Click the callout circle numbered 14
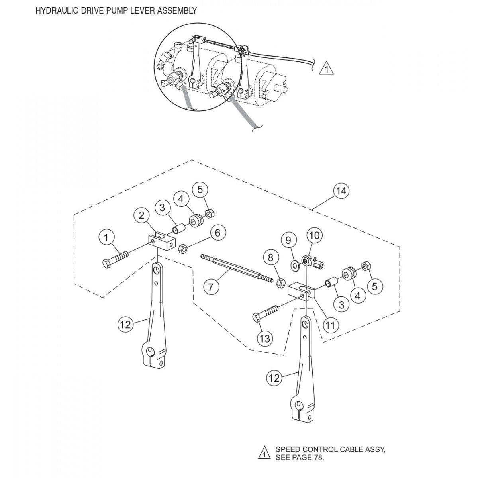341,191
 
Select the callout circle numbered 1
106,238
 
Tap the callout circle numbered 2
141,215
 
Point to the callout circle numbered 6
217,233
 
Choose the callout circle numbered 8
271,257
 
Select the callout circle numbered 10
314,236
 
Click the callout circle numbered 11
330,325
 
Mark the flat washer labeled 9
295,264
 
